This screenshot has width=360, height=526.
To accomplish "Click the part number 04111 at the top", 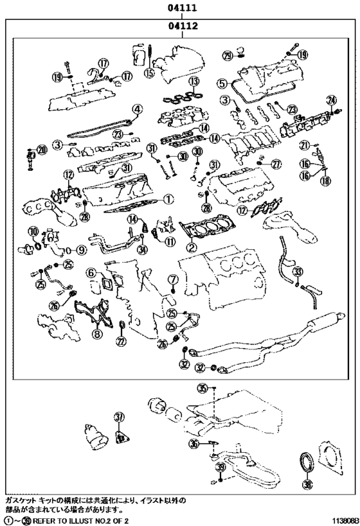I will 182,8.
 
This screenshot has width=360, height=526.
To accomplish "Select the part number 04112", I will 182,27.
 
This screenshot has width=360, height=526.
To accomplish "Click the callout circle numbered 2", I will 191,247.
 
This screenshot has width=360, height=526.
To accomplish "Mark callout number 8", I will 97,333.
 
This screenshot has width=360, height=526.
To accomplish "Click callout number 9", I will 82,250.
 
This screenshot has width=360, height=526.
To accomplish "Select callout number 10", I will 33,231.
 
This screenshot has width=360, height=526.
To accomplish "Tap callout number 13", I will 193,82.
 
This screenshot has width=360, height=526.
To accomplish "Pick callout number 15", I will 149,73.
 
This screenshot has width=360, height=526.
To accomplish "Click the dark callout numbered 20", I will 42,150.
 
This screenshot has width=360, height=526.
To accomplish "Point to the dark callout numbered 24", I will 332,100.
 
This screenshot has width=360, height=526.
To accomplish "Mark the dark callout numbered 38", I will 307,485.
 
